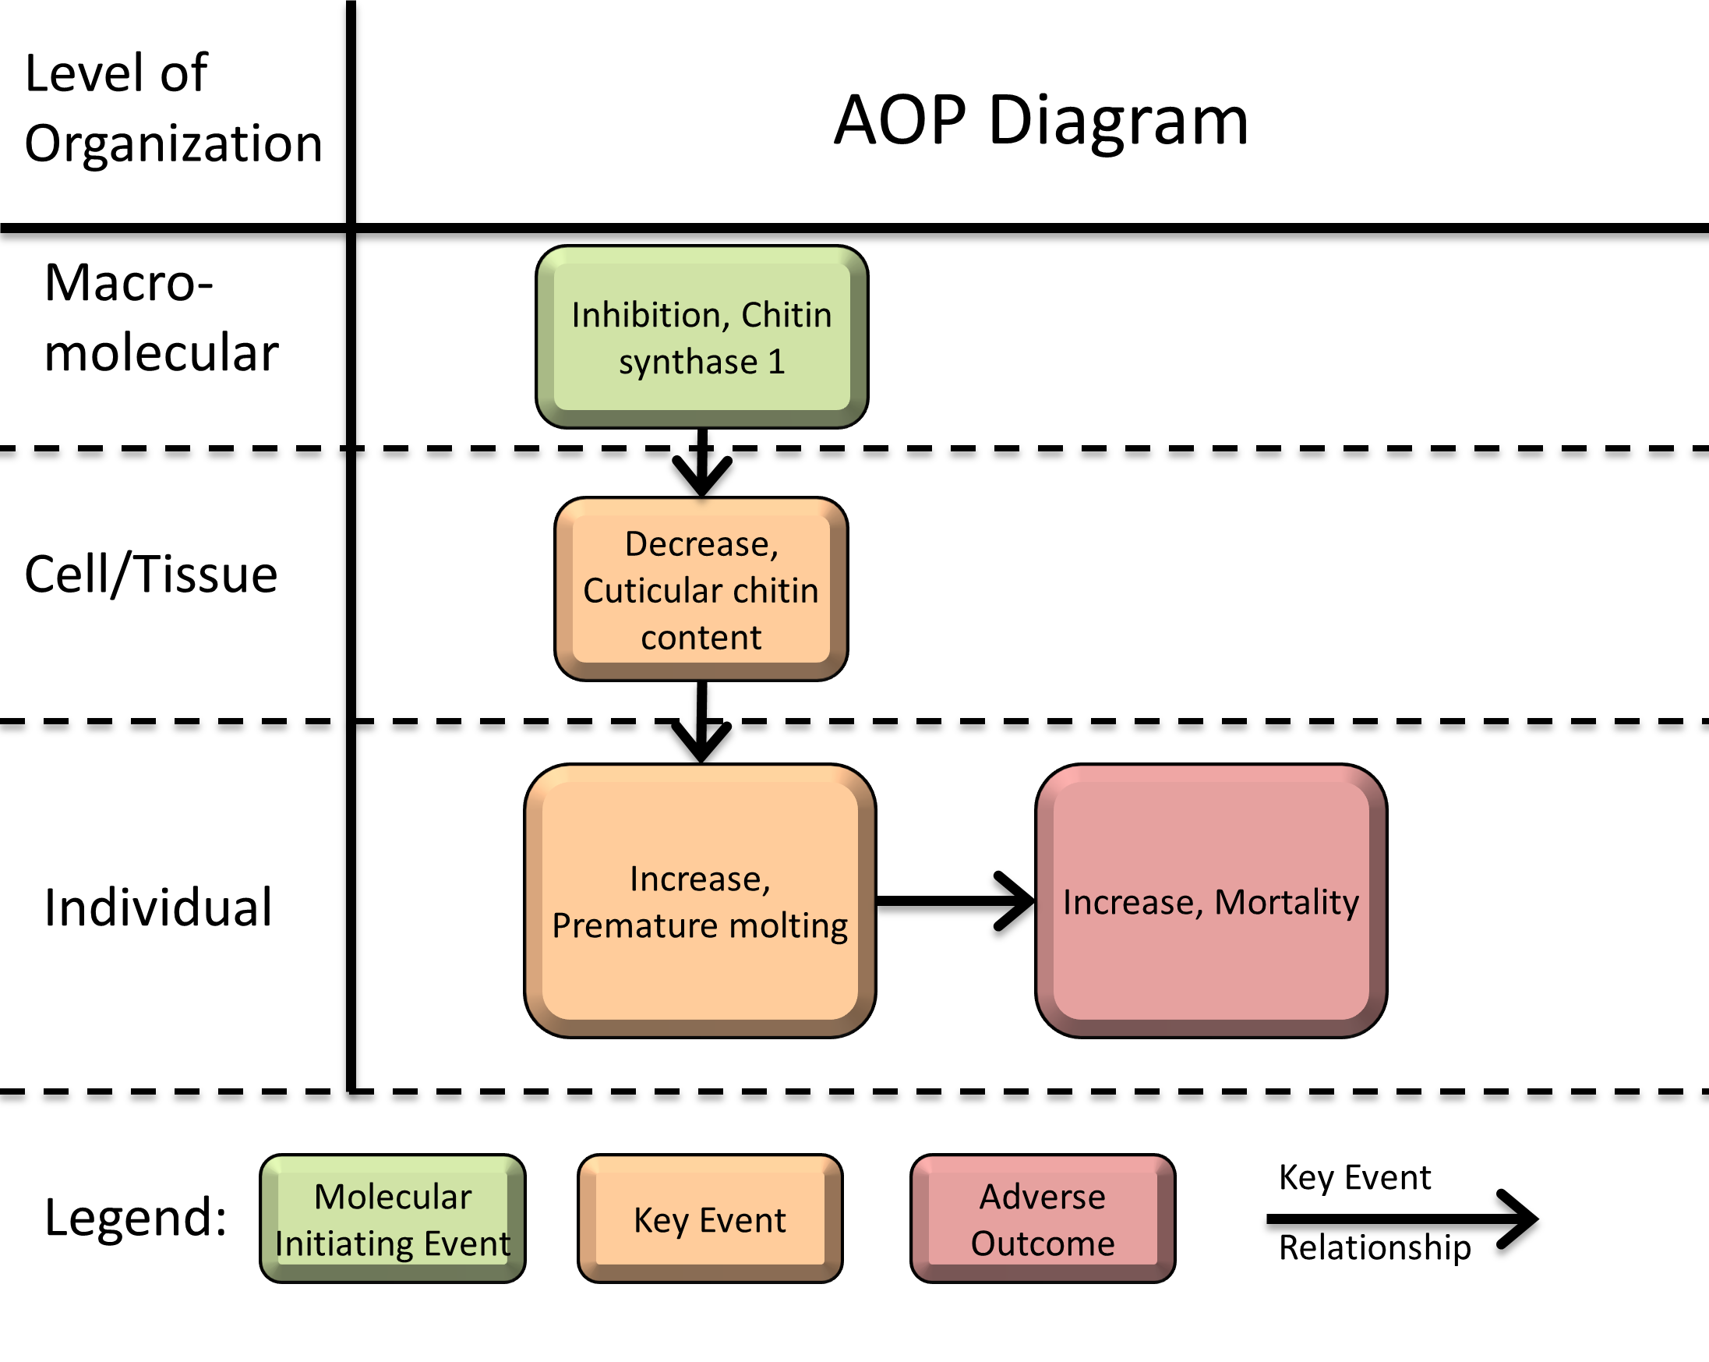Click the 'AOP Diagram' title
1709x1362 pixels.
pyautogui.click(x=1040, y=121)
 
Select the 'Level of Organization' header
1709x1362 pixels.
pyautogui.click(x=173, y=108)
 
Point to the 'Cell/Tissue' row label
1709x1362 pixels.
pyautogui.click(x=151, y=574)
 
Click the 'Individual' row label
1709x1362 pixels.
pyautogui.click(x=157, y=907)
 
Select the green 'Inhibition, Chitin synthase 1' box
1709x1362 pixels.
pyautogui.click(x=701, y=337)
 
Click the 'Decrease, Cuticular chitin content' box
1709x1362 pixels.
pyautogui.click(x=701, y=590)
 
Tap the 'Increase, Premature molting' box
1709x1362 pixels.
pyautogui.click(x=699, y=901)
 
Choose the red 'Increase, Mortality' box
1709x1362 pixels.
pyautogui.click(x=1210, y=901)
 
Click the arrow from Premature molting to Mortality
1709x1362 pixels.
pyautogui.click(x=955, y=900)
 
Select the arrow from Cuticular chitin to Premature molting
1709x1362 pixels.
pyautogui.click(x=701, y=721)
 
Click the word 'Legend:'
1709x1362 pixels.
pyautogui.click(x=136, y=1218)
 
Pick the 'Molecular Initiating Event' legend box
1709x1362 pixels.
pyautogui.click(x=392, y=1219)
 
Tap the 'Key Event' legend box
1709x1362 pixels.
pyautogui.click(x=709, y=1219)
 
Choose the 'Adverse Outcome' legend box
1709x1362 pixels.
pyautogui.click(x=1043, y=1219)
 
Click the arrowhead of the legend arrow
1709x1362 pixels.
pyautogui.click(x=1520, y=1219)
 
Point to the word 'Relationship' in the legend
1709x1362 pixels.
pyautogui.click(x=1375, y=1247)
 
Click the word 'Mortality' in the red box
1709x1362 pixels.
pyautogui.click(x=1287, y=902)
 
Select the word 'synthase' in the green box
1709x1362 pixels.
pyautogui.click(x=688, y=363)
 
